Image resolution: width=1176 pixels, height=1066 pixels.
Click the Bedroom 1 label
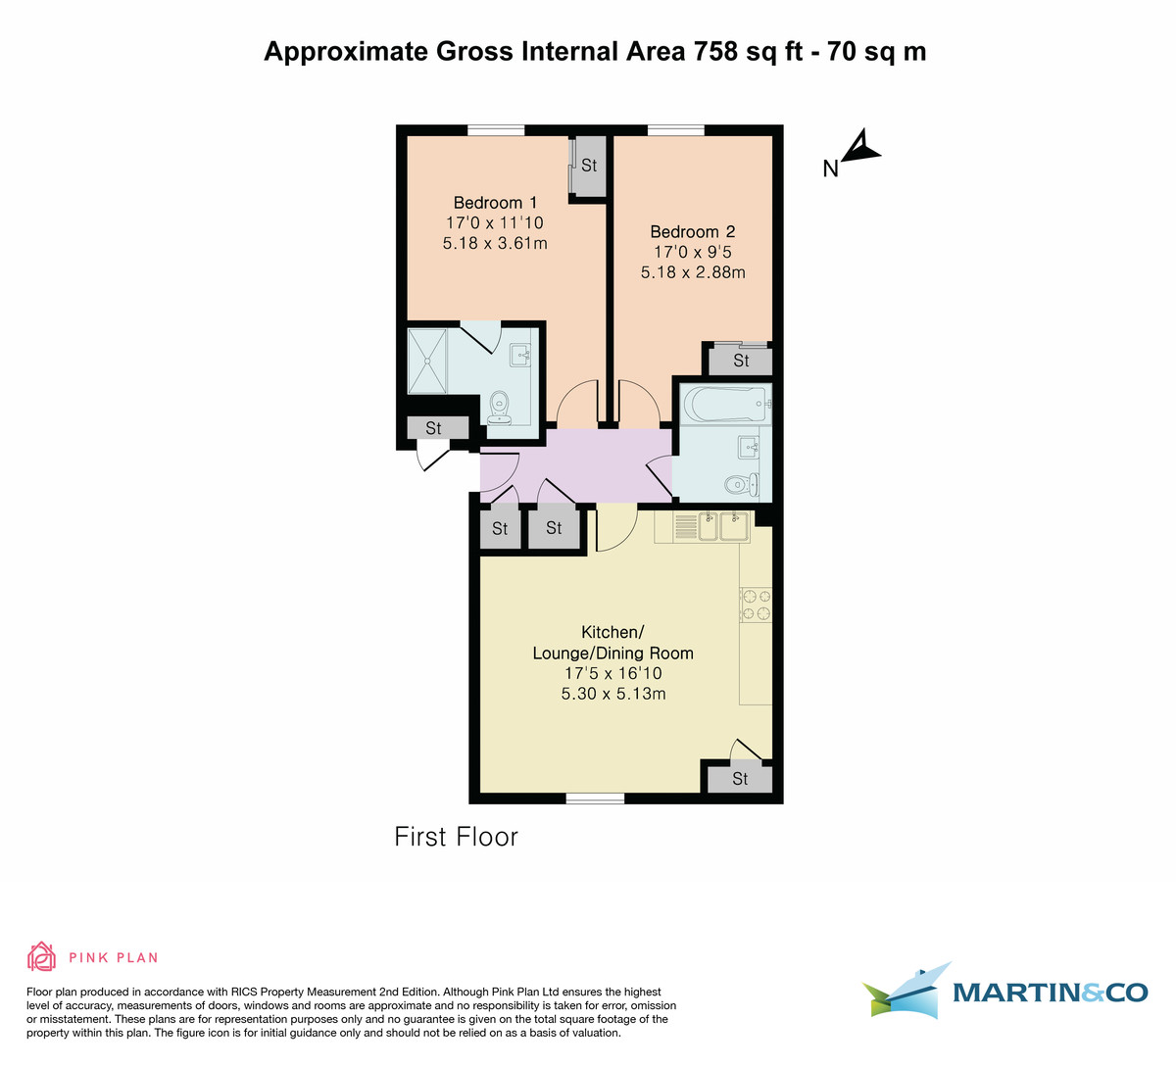(x=495, y=203)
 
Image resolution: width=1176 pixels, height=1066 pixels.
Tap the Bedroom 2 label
(x=692, y=232)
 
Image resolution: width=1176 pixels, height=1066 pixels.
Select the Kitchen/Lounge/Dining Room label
(x=612, y=643)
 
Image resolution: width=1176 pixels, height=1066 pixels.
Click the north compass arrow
(x=861, y=147)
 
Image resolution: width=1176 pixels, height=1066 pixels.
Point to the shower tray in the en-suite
(x=428, y=360)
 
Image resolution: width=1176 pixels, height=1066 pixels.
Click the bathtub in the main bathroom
(x=725, y=403)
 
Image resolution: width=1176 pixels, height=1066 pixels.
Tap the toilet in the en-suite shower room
(x=500, y=406)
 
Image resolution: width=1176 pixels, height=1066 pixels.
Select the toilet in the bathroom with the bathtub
(x=740, y=484)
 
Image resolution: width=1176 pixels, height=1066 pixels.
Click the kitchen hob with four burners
(x=756, y=604)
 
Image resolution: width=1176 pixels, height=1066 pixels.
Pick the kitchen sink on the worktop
(x=724, y=526)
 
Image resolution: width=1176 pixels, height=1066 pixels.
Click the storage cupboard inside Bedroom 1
(x=589, y=166)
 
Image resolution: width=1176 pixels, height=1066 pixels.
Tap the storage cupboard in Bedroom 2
(x=741, y=361)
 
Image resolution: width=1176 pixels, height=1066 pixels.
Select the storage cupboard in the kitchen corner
(x=740, y=778)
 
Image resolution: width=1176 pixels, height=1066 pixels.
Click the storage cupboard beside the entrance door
(x=433, y=428)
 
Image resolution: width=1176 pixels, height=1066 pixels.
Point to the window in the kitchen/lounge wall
(x=595, y=799)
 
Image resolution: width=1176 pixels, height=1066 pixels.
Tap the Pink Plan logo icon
(x=41, y=956)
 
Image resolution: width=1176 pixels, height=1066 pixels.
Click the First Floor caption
(x=456, y=837)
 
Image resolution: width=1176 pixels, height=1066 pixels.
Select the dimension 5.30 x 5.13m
(x=612, y=694)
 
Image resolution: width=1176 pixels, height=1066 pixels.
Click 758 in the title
(x=715, y=51)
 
